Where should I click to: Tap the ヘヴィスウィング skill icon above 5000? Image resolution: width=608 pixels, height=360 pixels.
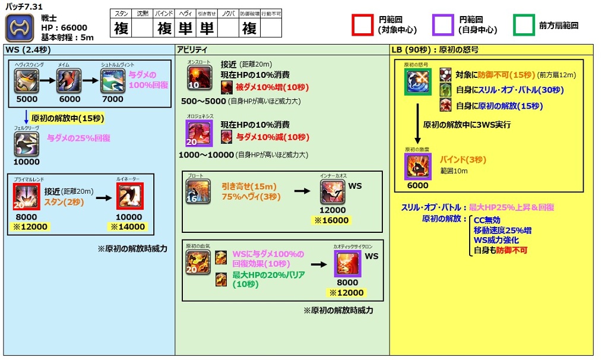pyautogui.click(x=27, y=81)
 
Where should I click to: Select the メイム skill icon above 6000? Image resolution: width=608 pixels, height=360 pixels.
pyautogui.click(x=69, y=81)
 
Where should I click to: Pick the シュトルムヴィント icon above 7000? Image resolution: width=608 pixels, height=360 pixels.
pyautogui.click(x=112, y=81)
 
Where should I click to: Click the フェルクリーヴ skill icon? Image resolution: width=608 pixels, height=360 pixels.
pyautogui.click(x=27, y=144)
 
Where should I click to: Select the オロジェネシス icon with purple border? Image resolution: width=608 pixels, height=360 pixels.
pyautogui.click(x=199, y=134)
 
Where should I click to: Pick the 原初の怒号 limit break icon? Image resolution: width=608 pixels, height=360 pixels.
pyautogui.click(x=419, y=82)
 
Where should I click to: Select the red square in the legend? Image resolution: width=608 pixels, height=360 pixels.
pyautogui.click(x=363, y=26)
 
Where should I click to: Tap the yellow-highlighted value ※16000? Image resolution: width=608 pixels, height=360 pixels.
pyautogui.click(x=332, y=220)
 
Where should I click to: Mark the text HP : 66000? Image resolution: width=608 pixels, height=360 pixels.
pyautogui.click(x=64, y=28)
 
